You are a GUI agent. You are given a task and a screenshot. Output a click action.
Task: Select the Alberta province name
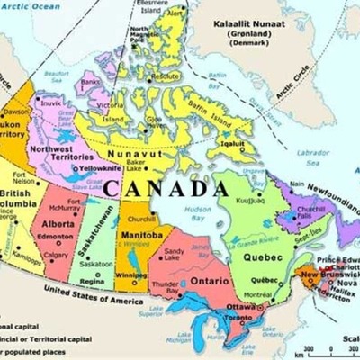point(58,223)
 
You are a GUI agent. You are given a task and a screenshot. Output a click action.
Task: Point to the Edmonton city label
point(56,236)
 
